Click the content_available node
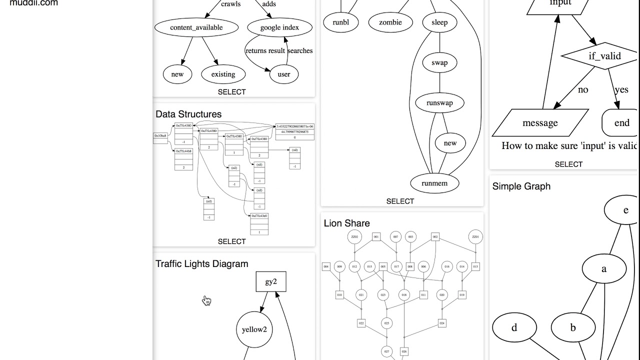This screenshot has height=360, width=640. tap(196, 27)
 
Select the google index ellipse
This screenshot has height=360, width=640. tap(279, 27)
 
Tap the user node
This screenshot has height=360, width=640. tap(283, 74)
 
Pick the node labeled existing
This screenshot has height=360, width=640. tap(223, 74)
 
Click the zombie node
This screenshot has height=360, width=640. tap(390, 22)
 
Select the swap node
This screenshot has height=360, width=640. tap(439, 63)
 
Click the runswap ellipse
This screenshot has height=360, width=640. tap(439, 103)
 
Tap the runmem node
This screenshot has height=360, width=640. tap(434, 183)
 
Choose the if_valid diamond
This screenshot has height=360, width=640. tap(604, 56)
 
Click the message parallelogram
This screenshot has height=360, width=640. tap(540, 123)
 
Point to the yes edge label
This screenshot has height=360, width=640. tap(621, 90)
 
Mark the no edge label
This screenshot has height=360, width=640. tap(583, 90)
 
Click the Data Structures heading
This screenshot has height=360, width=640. tap(188, 114)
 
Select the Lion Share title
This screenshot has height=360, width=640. tap(346, 223)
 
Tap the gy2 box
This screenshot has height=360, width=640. tap(271, 282)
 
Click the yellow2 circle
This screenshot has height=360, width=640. tap(254, 329)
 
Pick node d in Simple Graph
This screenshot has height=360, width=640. tap(514, 328)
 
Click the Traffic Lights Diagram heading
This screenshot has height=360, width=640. tap(201, 264)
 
